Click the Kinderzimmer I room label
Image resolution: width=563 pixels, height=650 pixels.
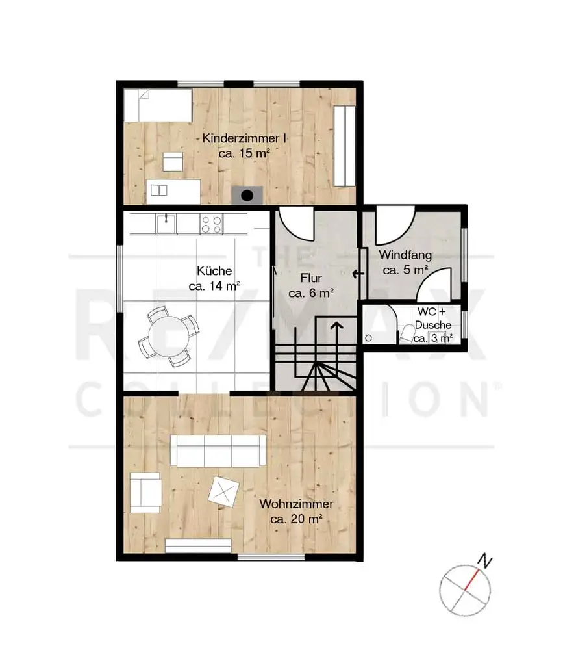point(244,138)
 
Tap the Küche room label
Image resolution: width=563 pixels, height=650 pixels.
point(214,271)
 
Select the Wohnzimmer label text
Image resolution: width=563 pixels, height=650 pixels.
point(296,504)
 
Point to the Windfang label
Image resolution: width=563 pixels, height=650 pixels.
point(405,255)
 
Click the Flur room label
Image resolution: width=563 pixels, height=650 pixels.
point(311,278)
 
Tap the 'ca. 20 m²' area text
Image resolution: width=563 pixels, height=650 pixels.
point(296,519)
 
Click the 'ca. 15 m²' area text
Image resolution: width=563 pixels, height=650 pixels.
point(244,153)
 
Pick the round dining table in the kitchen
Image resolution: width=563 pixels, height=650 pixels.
point(169,336)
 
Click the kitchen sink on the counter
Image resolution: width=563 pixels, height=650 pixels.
point(166,224)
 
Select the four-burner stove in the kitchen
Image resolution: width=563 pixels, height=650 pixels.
point(211,224)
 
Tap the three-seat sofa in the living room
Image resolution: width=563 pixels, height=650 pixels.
point(218,450)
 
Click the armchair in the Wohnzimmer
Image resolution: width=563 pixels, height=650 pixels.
point(145,493)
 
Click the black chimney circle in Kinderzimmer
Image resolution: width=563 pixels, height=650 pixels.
point(247,196)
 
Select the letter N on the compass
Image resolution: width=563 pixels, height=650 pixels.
point(484,561)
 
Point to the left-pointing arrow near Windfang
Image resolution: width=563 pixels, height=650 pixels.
point(358,274)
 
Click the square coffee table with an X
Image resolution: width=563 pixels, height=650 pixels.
point(224,491)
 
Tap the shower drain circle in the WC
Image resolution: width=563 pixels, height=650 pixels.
point(368,338)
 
